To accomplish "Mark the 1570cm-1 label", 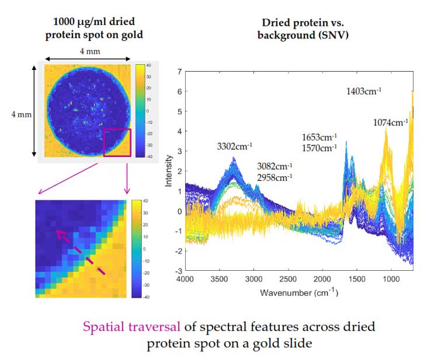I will point(319,148).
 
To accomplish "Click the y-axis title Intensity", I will point(169,171).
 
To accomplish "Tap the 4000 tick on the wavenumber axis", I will point(185,279).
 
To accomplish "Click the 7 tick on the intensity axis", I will point(179,72).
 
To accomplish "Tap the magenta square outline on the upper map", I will point(117,143).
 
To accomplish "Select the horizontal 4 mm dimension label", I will point(88,51).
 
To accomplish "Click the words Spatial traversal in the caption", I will point(127,327).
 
